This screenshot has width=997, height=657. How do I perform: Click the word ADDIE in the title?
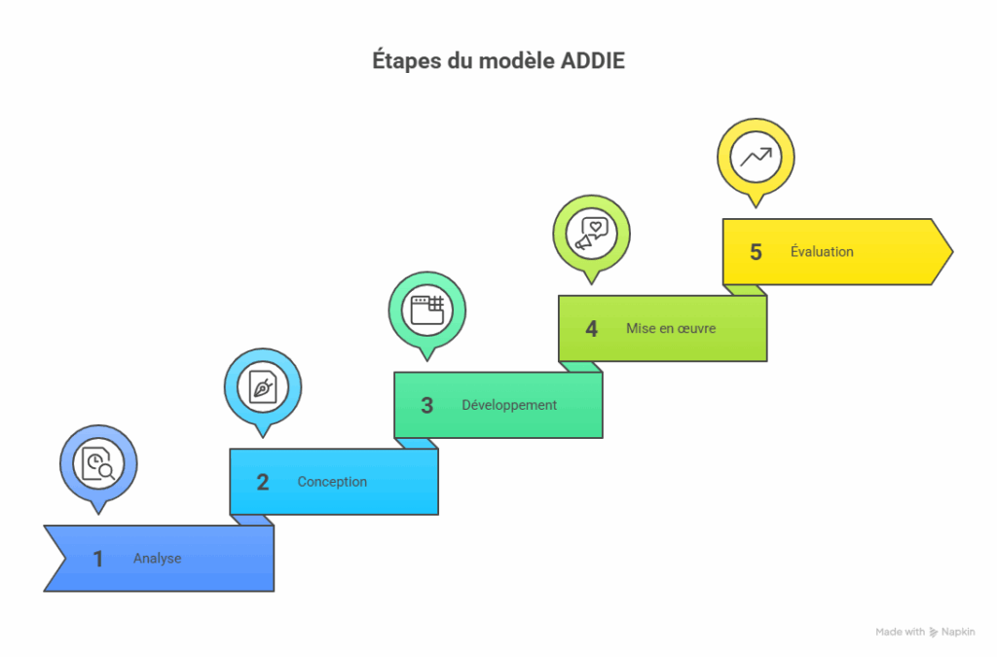pyautogui.click(x=593, y=61)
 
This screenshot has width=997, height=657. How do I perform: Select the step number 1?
pyautogui.click(x=98, y=559)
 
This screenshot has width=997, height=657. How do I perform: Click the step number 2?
pyautogui.click(x=263, y=482)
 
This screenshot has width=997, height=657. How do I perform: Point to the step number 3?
pyautogui.click(x=426, y=405)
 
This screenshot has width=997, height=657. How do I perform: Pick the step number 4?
pyautogui.click(x=591, y=329)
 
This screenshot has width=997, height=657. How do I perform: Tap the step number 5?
pyautogui.click(x=756, y=252)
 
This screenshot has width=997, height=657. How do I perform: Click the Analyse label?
pyautogui.click(x=157, y=559)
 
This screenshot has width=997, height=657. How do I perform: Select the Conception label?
pyautogui.click(x=332, y=482)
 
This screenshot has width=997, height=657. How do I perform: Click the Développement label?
pyautogui.click(x=509, y=405)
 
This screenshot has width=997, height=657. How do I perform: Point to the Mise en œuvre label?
pyautogui.click(x=671, y=329)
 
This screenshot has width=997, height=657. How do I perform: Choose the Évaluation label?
pyautogui.click(x=822, y=251)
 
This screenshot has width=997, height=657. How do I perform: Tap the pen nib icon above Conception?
pyautogui.click(x=263, y=387)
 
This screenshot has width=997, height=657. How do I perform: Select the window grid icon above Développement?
pyautogui.click(x=427, y=310)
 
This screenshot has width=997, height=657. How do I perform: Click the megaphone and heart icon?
pyautogui.click(x=591, y=234)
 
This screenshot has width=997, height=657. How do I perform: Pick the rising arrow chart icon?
pyautogui.click(x=756, y=157)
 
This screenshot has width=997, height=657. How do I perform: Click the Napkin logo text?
pyautogui.click(x=958, y=632)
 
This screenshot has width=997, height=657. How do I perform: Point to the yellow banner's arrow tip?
pyautogui.click(x=952, y=252)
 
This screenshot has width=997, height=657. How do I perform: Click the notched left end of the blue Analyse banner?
pyautogui.click(x=65, y=559)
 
